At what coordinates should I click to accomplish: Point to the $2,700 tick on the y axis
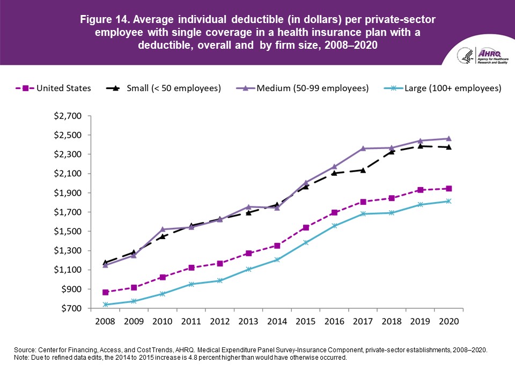point(72,116)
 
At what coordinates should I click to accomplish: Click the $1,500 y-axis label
point(72,232)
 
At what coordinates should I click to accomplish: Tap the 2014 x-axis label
point(276,322)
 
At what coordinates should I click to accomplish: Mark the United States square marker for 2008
point(106,292)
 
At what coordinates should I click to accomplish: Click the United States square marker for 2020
point(448,188)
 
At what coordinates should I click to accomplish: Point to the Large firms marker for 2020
point(448,201)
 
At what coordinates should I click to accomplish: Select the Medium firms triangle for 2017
point(363,149)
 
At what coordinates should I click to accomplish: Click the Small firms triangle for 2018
point(391,151)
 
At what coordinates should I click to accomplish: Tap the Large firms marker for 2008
point(106,305)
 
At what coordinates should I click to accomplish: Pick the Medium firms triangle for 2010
point(163,229)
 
